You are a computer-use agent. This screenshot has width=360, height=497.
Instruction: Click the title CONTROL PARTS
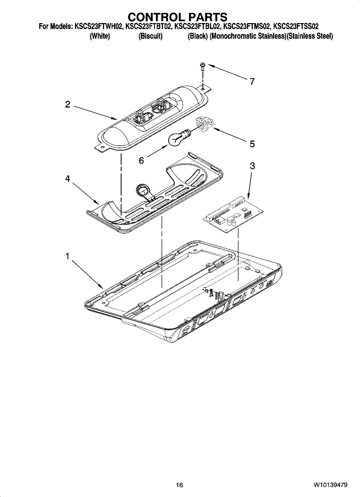(177, 17)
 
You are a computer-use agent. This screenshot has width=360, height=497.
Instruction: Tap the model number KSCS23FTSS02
(296, 27)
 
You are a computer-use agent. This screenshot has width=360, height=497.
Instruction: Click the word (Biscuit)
(150, 36)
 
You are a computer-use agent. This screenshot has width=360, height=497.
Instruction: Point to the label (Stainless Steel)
(310, 36)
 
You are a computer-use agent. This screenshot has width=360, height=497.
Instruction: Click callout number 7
(252, 81)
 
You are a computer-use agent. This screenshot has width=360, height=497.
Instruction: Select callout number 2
(67, 104)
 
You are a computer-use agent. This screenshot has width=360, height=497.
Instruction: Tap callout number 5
(252, 144)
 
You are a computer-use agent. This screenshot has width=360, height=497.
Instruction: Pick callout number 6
(141, 160)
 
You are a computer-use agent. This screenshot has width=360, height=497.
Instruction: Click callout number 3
(252, 166)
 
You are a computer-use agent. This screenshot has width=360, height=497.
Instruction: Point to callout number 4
(67, 178)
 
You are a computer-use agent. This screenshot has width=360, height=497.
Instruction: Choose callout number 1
(67, 256)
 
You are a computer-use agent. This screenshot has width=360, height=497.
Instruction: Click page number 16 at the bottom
(179, 485)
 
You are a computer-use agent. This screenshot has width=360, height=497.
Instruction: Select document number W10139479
(330, 485)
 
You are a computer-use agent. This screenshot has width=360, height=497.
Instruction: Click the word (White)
(100, 36)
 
